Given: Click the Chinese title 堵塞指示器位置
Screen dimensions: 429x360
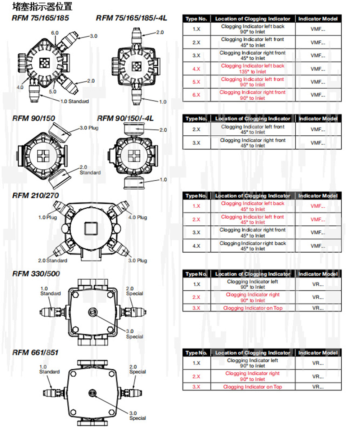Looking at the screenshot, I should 42,6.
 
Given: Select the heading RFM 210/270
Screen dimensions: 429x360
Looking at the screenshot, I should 35,195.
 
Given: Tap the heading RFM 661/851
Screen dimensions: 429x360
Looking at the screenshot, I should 35,352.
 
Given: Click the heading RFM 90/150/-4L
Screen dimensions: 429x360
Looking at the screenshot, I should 125,118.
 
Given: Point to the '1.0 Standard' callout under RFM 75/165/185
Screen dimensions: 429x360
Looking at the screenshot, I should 75,101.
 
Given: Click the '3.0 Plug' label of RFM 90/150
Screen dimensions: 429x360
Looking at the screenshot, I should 89,128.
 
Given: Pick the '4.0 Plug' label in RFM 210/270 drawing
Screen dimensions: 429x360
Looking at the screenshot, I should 137,217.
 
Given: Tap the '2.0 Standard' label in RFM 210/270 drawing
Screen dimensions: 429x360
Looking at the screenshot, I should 53,260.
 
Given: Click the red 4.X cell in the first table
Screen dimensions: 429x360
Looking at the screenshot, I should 197,69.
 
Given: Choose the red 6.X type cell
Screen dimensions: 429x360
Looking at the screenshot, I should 197,95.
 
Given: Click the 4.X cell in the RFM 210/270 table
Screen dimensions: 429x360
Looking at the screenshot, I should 197,246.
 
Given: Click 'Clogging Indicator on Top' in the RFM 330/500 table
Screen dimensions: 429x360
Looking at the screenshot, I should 252,308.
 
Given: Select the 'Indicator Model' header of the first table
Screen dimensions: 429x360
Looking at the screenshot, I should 318,19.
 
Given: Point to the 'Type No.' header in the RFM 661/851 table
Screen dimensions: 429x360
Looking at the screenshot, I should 197,353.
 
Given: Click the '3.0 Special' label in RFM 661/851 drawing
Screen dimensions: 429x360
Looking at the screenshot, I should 138,415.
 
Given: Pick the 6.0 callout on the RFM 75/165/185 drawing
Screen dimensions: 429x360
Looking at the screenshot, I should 55,33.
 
